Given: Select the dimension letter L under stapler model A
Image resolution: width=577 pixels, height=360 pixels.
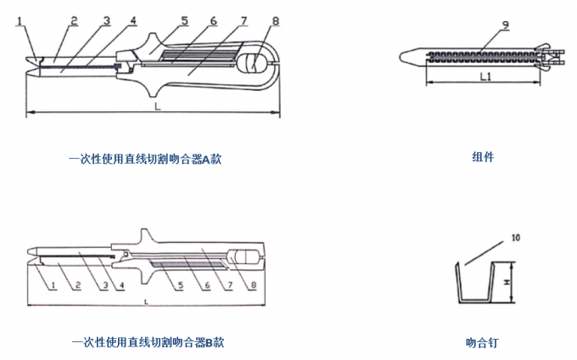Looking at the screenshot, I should click(x=155, y=108).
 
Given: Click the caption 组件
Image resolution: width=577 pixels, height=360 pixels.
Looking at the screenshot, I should click(x=483, y=156).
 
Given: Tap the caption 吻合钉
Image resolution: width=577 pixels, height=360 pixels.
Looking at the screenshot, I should click(x=482, y=343).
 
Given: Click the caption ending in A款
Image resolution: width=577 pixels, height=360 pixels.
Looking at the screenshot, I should click(x=145, y=158).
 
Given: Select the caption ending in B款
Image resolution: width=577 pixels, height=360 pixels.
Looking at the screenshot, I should click(x=148, y=343).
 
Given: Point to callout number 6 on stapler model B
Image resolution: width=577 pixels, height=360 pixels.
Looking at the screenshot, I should click(x=204, y=285).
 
